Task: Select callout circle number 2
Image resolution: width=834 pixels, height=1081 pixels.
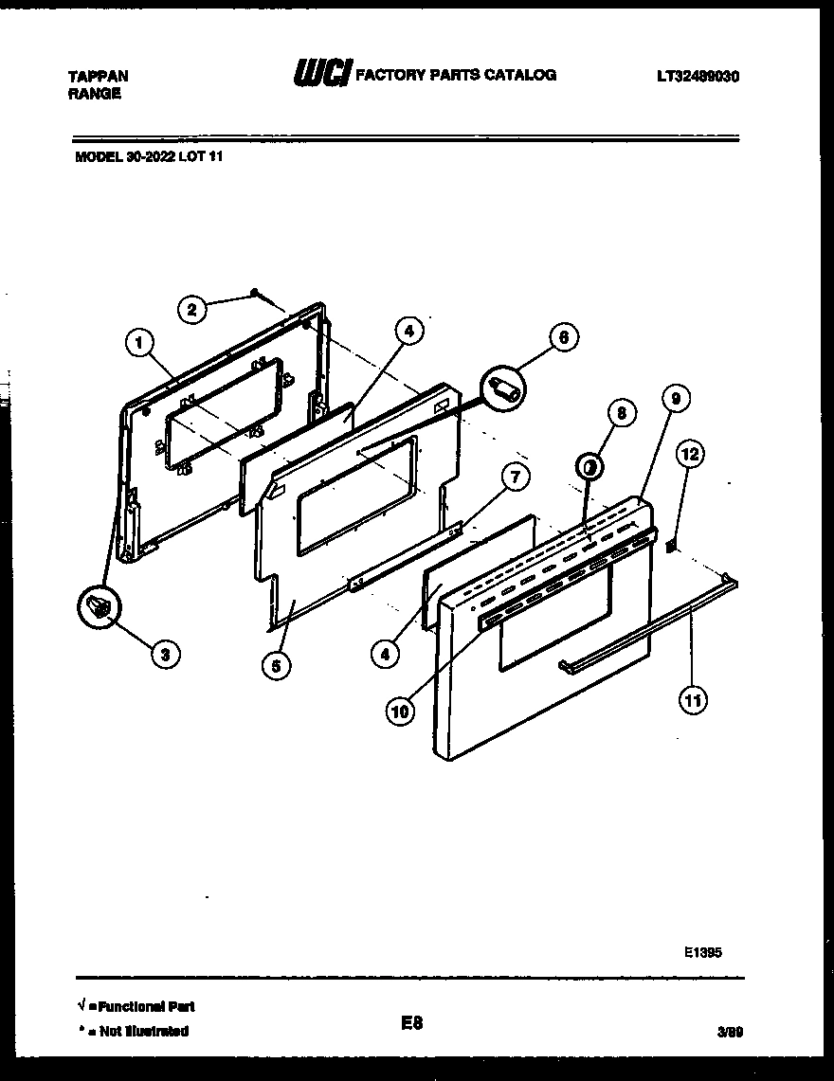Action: click(192, 308)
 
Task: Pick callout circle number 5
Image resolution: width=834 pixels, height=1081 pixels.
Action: click(275, 666)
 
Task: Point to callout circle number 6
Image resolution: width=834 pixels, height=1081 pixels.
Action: click(563, 337)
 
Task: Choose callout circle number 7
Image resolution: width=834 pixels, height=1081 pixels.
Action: click(515, 476)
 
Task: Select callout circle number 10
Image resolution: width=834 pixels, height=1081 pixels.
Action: click(401, 712)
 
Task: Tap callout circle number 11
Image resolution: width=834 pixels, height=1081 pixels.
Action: click(693, 700)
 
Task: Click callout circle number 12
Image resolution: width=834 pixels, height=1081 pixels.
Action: click(690, 455)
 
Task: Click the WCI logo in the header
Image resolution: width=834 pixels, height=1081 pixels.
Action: click(322, 74)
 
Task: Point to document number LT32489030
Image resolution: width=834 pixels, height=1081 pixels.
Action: click(697, 76)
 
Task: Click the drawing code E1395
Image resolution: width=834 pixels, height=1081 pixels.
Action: click(702, 954)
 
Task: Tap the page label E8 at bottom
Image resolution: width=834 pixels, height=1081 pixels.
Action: click(410, 1023)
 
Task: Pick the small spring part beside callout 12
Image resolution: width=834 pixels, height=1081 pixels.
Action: click(671, 545)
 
